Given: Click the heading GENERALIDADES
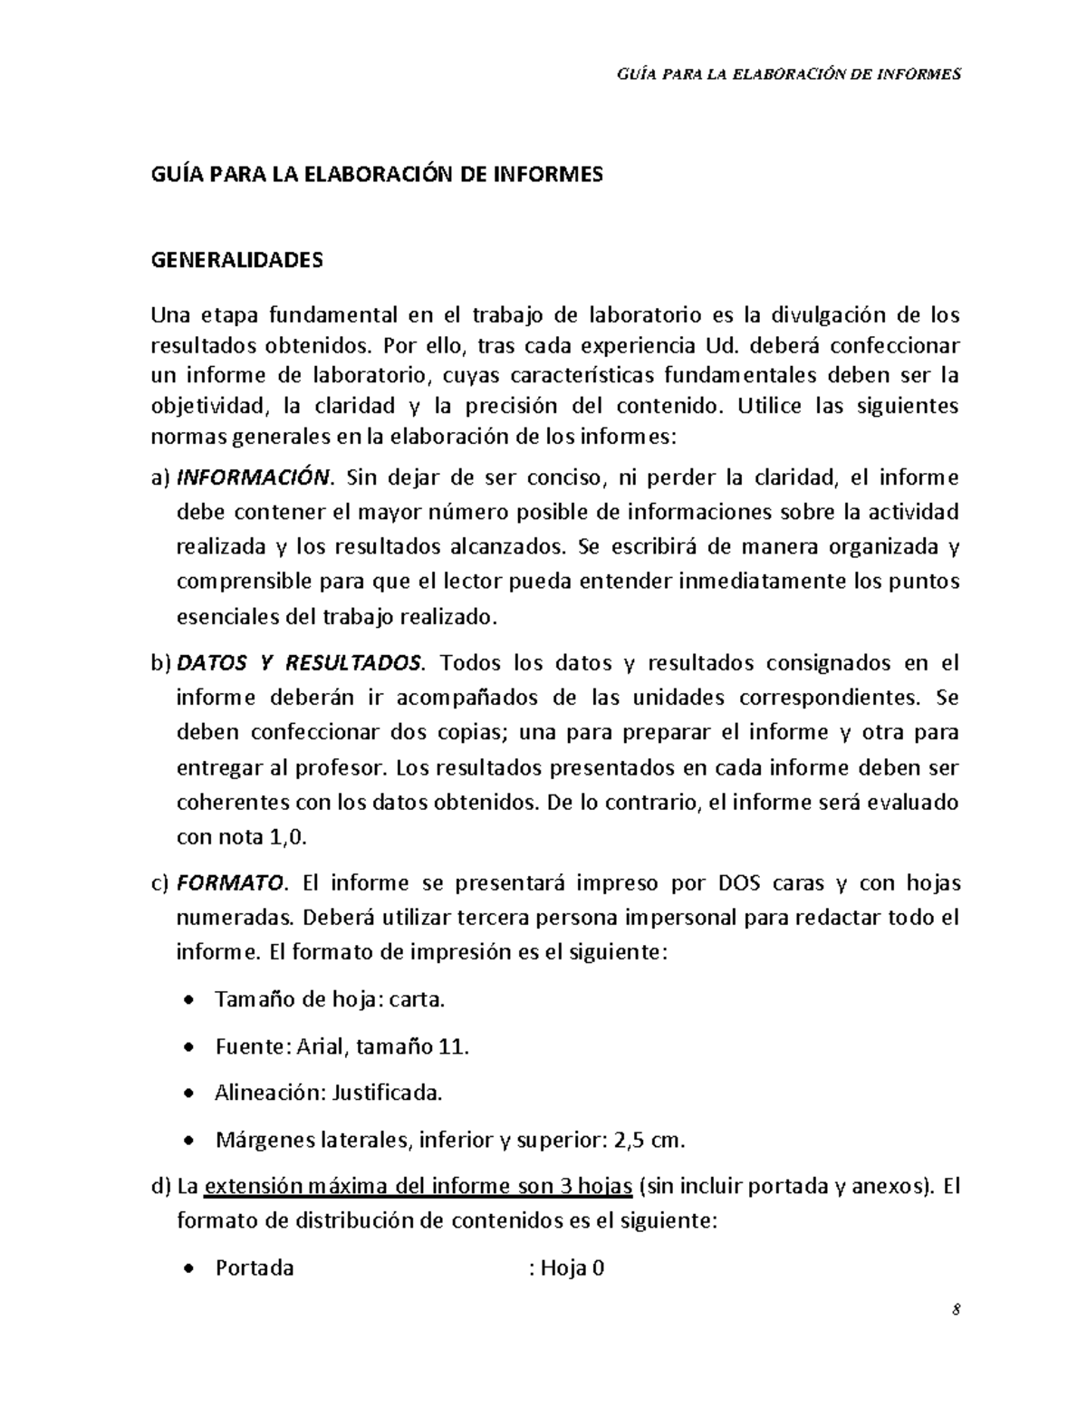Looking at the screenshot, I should (236, 261).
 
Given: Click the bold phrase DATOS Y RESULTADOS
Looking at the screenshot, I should (299, 662).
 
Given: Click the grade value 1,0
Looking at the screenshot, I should (288, 837).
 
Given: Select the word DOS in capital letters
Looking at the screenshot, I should (740, 882).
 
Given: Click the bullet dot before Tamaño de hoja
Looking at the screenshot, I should (188, 1001).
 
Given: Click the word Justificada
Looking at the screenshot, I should (387, 1093).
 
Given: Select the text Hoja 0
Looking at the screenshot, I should (572, 1267).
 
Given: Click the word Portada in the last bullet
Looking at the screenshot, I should (255, 1267).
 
